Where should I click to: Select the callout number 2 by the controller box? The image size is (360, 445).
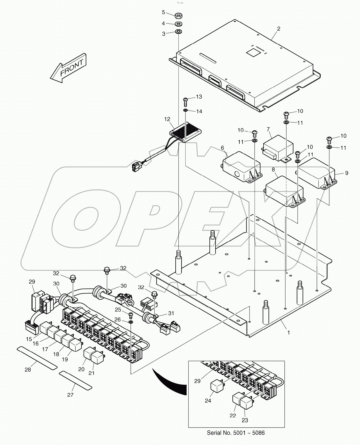(279, 29)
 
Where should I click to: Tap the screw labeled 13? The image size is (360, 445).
(186, 100)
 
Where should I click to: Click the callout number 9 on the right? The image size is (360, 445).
(347, 173)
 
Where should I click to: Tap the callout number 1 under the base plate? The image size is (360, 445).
(288, 332)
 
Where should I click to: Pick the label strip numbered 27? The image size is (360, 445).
(76, 379)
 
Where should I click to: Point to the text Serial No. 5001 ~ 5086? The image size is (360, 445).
(236, 433)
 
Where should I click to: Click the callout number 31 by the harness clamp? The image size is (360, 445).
(171, 313)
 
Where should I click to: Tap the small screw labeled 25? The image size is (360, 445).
(130, 314)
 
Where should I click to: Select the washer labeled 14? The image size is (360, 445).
(186, 111)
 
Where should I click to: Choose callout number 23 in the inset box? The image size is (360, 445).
(245, 420)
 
